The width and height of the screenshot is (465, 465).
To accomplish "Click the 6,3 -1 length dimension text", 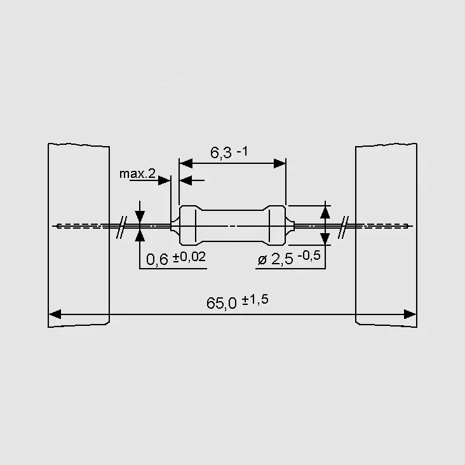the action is click(x=229, y=152).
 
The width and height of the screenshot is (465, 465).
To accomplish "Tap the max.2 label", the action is click(x=137, y=174).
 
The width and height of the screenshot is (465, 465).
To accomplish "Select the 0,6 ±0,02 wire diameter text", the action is click(x=176, y=258).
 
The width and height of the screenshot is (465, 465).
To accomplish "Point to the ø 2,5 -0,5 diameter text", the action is click(x=289, y=258).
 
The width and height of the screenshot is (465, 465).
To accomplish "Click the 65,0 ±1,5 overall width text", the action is click(x=237, y=302).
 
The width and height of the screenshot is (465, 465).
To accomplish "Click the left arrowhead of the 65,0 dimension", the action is click(x=55, y=314).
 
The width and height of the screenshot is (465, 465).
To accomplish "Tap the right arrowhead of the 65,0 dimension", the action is click(x=410, y=314).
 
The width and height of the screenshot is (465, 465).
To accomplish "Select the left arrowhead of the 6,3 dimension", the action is click(x=186, y=163).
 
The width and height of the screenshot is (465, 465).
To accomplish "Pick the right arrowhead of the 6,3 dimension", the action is click(x=280, y=163).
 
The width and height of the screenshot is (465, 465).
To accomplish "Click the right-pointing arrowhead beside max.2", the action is click(x=165, y=180).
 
